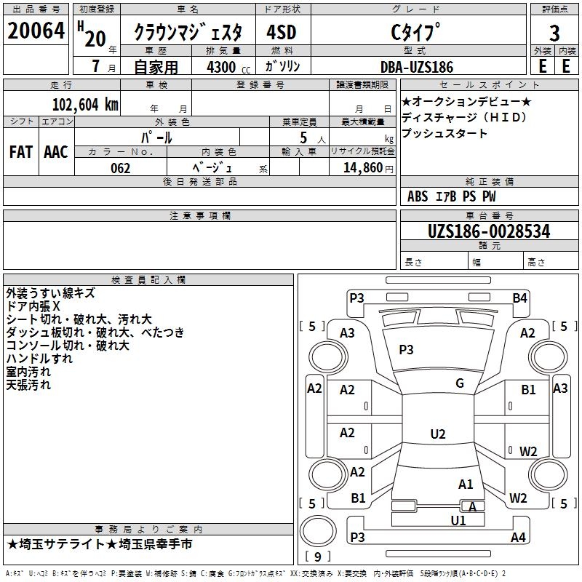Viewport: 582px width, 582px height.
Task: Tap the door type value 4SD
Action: [281, 33]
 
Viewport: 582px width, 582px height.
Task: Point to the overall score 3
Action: [554, 33]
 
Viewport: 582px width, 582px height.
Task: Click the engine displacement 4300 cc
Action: [223, 67]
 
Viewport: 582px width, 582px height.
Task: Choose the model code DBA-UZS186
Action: [416, 67]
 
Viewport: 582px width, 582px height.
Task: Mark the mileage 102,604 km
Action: [85, 104]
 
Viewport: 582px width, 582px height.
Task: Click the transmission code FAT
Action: [20, 151]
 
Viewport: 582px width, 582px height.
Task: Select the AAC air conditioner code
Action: [55, 151]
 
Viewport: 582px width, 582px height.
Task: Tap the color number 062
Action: [121, 168]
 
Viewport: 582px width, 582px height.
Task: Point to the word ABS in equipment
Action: [418, 196]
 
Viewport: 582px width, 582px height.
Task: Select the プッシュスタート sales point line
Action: [445, 134]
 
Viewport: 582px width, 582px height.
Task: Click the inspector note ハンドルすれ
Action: [39, 359]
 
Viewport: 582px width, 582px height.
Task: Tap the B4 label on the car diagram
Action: [519, 298]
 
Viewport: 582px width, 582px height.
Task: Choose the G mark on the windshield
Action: [460, 383]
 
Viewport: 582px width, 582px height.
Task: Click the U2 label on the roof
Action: [438, 434]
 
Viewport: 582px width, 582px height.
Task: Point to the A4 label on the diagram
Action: [518, 538]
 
